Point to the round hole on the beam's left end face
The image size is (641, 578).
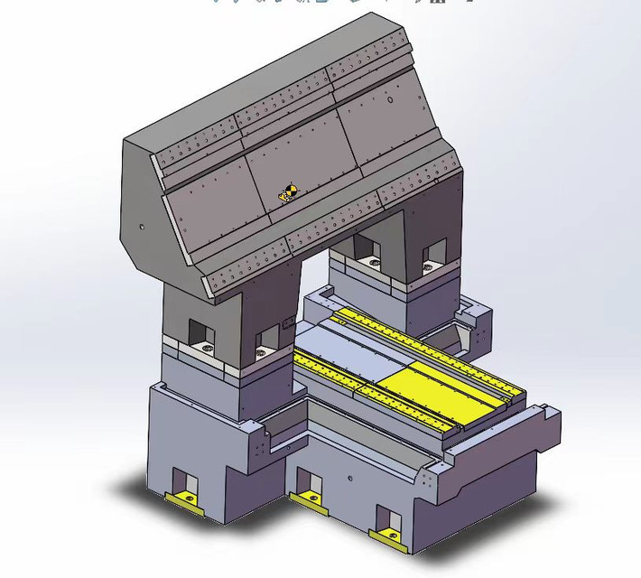click(x=141, y=228)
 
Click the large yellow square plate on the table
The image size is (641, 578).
click(x=423, y=386)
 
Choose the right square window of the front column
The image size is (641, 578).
click(x=267, y=339)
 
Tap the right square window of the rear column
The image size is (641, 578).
click(x=433, y=251)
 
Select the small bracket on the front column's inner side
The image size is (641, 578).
click(x=288, y=322)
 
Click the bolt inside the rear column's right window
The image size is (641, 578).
click(x=432, y=265)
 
